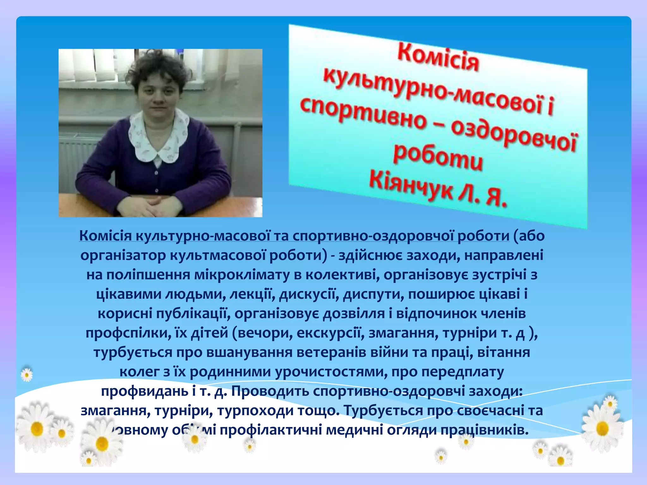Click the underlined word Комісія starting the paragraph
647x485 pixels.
coord(105,236)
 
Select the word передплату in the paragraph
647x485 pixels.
coord(463,372)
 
